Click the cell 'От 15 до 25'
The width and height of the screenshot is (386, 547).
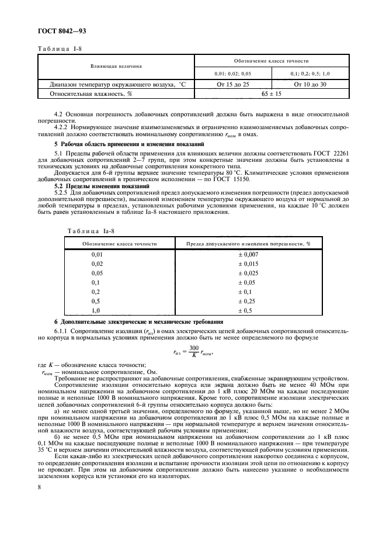(x=233, y=85)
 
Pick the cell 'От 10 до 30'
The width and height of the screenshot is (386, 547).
(x=310, y=85)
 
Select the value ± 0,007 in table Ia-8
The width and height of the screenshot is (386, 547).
(x=249, y=255)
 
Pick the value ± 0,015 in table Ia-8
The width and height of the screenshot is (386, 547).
(x=249, y=264)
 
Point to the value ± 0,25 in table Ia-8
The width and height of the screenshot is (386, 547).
(x=249, y=300)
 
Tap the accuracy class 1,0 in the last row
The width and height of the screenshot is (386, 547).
(x=97, y=310)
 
